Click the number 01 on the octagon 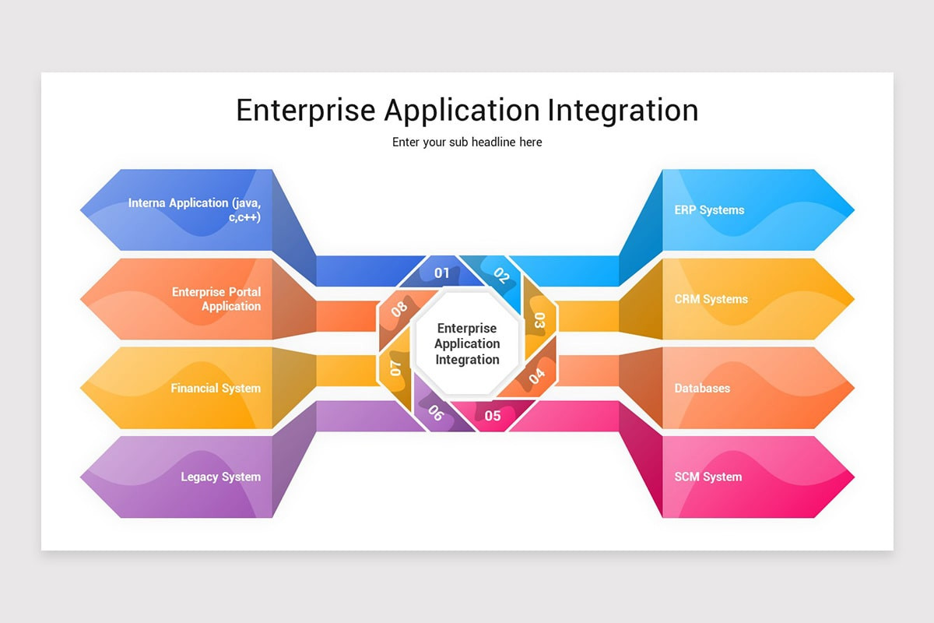[x=442, y=273]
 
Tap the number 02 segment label [x=502, y=276]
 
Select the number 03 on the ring [x=539, y=319]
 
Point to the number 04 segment [x=537, y=377]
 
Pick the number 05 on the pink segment [x=493, y=416]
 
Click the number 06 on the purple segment [x=436, y=414]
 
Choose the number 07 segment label [x=395, y=368]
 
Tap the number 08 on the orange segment [x=399, y=308]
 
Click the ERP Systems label [x=709, y=210]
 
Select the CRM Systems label [x=711, y=299]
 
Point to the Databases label [x=702, y=388]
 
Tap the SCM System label [x=708, y=477]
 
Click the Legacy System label [x=221, y=477]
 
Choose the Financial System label [x=216, y=388]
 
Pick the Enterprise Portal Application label [x=216, y=299]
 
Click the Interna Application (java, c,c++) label [x=195, y=209]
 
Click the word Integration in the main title [x=623, y=110]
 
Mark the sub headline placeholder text [x=467, y=143]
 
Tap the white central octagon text [x=467, y=343]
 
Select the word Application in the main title [x=462, y=110]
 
